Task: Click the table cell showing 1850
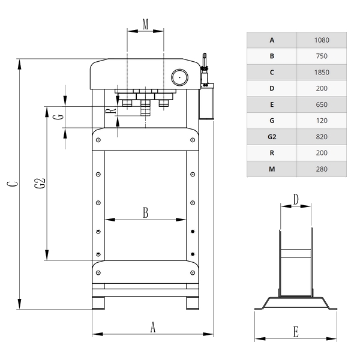click(x=322, y=73)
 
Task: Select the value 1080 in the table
click(x=322, y=40)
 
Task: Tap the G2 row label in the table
click(x=272, y=137)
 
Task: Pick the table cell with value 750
click(x=322, y=56)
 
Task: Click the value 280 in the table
click(x=322, y=169)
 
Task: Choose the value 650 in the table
click(x=322, y=104)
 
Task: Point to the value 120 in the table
click(x=322, y=121)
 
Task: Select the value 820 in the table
click(x=322, y=137)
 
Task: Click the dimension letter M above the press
click(x=145, y=24)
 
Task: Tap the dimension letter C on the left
click(x=13, y=184)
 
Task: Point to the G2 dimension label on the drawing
click(x=40, y=183)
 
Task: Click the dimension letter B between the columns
click(x=146, y=212)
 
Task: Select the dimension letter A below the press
click(x=152, y=327)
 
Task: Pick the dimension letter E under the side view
click(x=296, y=332)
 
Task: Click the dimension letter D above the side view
click(x=296, y=199)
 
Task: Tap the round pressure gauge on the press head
click(x=179, y=77)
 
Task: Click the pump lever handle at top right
click(x=204, y=60)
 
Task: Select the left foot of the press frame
click(x=98, y=303)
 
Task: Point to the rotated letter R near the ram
click(x=111, y=111)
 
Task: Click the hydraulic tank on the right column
click(x=206, y=101)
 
